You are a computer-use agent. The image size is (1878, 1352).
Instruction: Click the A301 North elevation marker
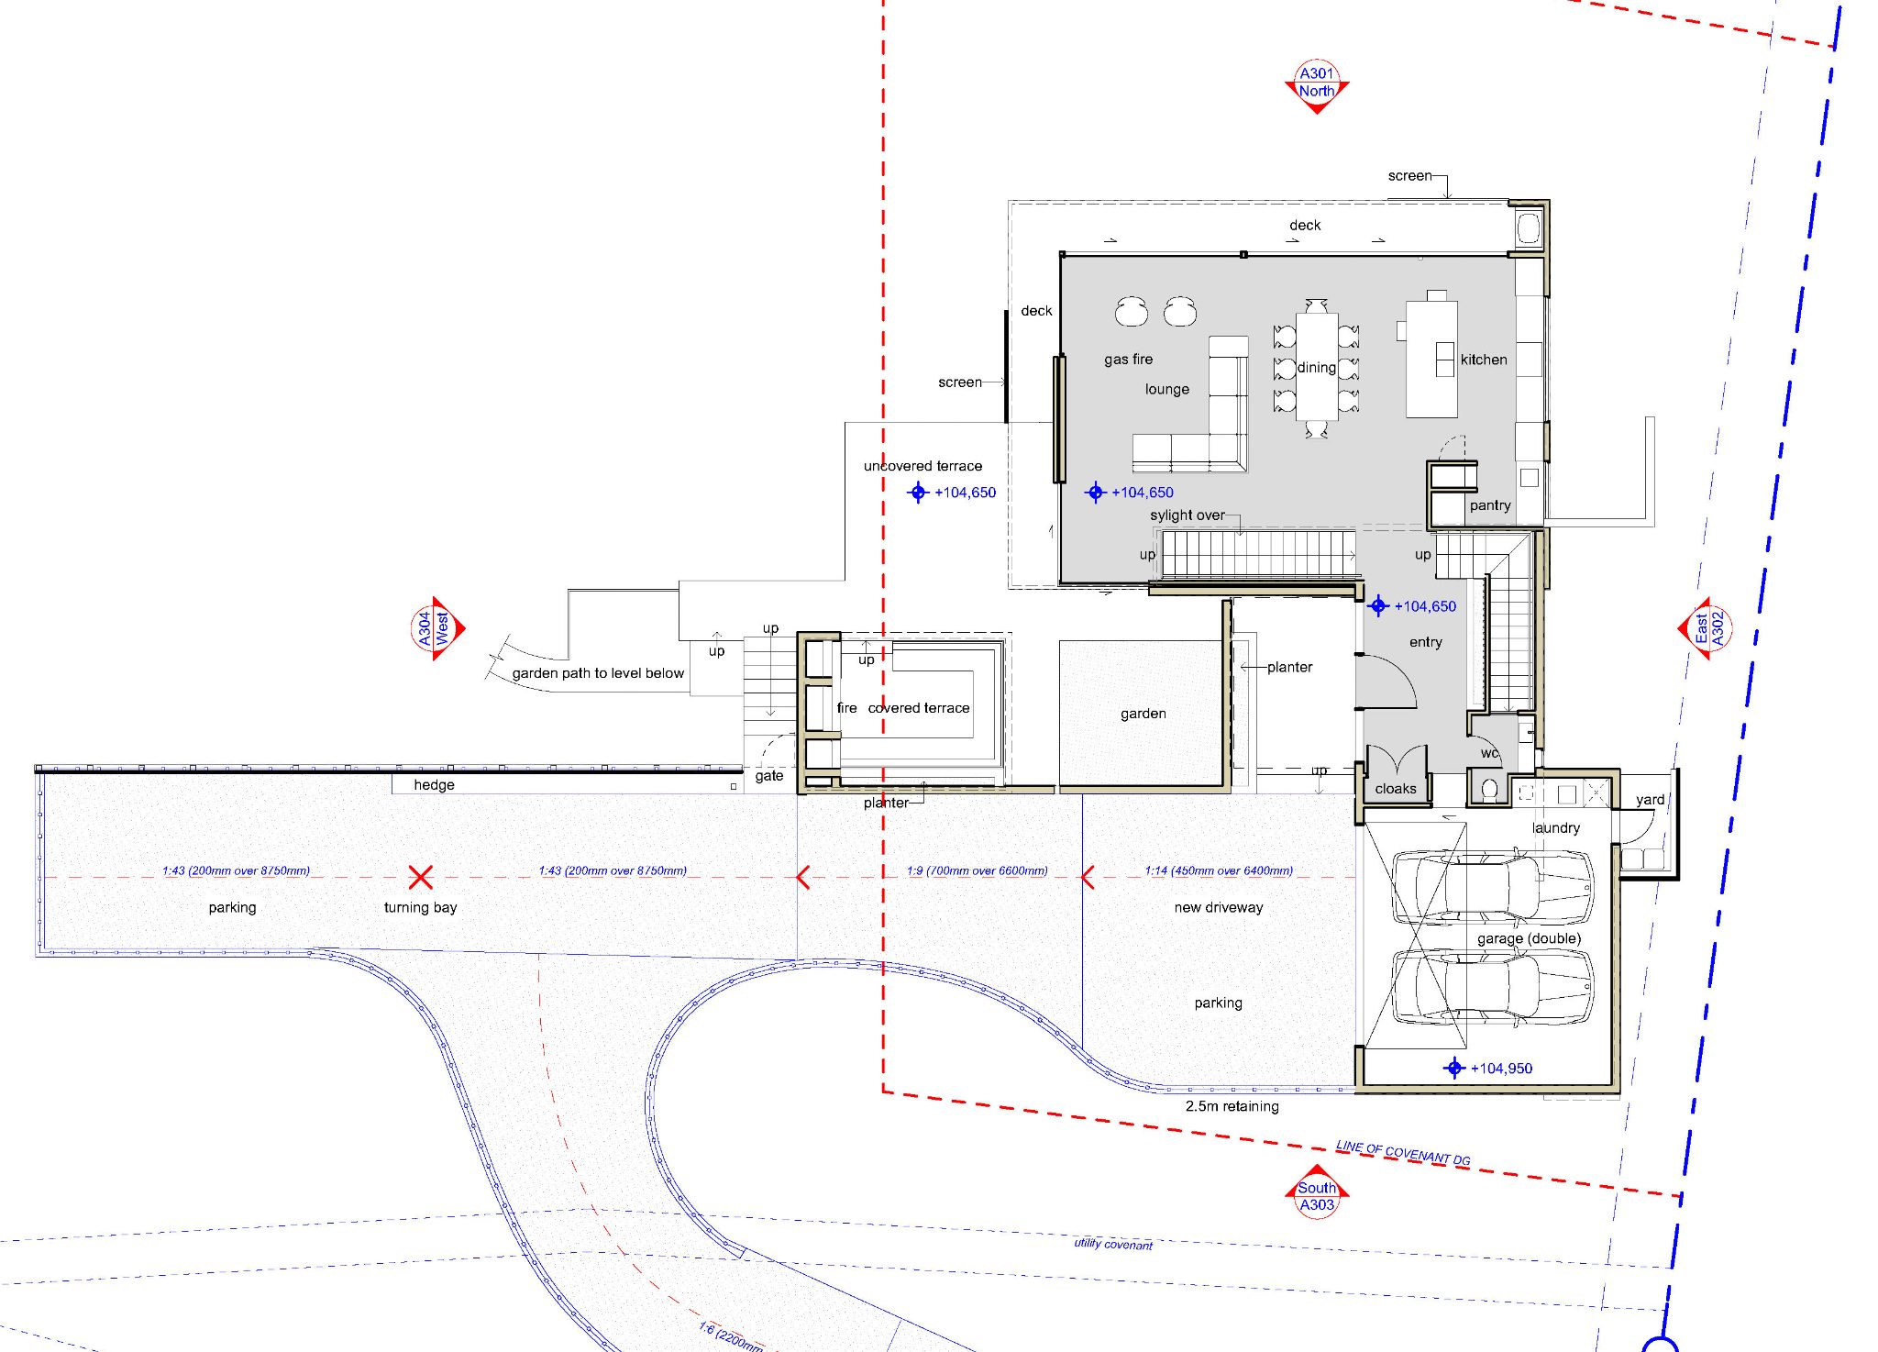(1317, 85)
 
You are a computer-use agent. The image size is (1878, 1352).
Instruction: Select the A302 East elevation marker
(1707, 628)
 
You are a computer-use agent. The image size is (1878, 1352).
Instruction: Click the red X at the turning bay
(421, 877)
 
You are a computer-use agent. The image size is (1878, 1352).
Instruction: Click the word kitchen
(1484, 360)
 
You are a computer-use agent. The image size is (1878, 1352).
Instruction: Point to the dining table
(1317, 367)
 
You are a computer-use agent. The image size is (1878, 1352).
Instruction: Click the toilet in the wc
(1490, 788)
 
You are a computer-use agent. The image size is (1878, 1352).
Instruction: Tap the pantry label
(1490, 505)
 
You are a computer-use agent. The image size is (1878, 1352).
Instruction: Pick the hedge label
(434, 785)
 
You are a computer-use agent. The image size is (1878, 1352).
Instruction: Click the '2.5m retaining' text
(1232, 1106)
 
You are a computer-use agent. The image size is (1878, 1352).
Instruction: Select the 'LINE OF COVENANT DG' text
(1403, 1153)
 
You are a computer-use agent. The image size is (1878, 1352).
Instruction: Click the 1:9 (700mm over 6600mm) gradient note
(977, 870)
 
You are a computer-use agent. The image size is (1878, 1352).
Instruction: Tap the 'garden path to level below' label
(598, 673)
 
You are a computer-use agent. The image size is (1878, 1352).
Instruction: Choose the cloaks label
(1396, 789)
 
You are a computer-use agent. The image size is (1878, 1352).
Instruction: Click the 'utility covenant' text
(1113, 1244)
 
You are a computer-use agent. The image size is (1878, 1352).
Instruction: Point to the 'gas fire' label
(1128, 360)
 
